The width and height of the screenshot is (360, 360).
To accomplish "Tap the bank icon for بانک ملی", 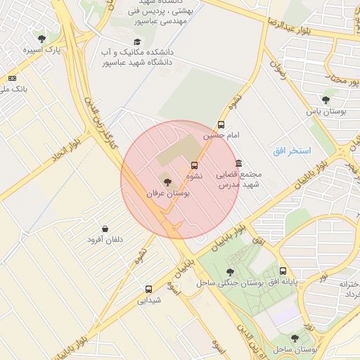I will coord(12,78).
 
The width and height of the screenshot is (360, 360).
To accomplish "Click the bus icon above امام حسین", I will coord(221,124).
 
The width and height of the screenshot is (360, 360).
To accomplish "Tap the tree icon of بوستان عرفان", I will coord(167,182).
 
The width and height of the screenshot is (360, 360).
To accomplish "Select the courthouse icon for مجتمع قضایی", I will coord(239,163).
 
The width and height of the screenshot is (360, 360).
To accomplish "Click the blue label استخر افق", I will coord(292,151).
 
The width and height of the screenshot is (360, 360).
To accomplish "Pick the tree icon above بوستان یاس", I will coord(325,100).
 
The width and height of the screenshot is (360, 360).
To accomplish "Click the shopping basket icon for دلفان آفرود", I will coord(105,229).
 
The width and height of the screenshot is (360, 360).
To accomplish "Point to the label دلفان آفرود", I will coord(105,240).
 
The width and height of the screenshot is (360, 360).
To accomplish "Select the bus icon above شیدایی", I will coord(148,289).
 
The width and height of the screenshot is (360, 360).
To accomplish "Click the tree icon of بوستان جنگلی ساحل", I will coord(230,271).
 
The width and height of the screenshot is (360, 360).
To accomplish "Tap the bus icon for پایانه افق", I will coord(283,271).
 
